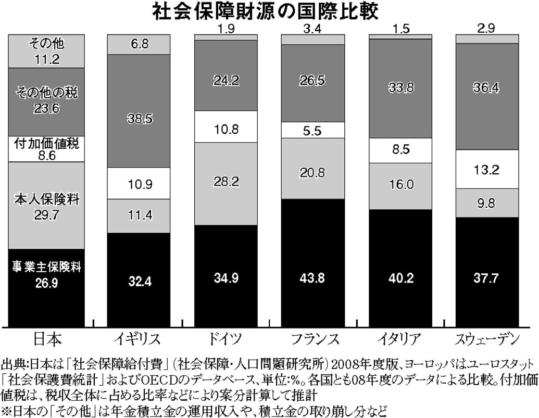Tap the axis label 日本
tap(47, 339)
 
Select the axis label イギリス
tap(139, 339)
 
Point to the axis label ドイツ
tap(225, 339)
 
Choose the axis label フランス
tap(313, 339)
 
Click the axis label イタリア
tap(400, 339)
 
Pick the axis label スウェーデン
tap(487, 339)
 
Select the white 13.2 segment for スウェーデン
tap(487, 169)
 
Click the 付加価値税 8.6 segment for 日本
tap(47, 148)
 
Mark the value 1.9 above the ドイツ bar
tap(225, 29)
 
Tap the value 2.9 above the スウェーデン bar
tap(487, 29)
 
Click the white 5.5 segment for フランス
tap(313, 130)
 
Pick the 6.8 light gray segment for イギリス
tap(139, 44)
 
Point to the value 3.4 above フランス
tap(313, 29)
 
